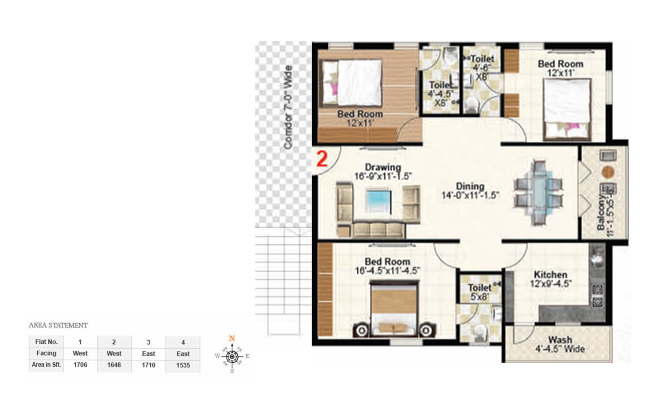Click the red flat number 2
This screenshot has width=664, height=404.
point(322,159)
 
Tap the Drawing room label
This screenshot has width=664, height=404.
point(383,167)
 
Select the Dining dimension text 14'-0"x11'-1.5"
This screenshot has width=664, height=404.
point(470,195)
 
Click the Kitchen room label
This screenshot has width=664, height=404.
point(550,275)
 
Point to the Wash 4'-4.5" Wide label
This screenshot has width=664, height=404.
point(560,345)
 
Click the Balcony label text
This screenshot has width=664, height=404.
point(601,212)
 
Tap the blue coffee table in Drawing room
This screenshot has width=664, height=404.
point(378,202)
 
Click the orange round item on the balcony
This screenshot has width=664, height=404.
point(608,171)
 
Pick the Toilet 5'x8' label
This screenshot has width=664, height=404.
point(479,292)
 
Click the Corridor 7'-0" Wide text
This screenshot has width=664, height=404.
point(288,107)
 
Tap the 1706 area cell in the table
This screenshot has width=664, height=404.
point(80,365)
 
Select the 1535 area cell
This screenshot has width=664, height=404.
point(183,365)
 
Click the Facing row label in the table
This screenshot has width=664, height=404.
point(46,353)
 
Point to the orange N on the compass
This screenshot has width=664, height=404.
point(232,338)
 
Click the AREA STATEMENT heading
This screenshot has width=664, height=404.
point(58,325)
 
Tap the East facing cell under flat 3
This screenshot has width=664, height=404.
point(148,354)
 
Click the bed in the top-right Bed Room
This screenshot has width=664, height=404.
point(567,109)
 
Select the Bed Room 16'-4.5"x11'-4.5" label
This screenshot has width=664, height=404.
point(387,266)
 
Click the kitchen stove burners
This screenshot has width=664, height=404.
point(597,295)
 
